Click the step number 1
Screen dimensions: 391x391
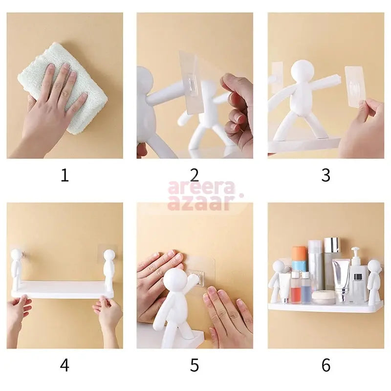[65, 175]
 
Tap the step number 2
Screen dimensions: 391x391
[195, 175]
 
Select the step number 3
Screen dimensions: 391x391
[326, 175]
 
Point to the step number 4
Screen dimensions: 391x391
[65, 365]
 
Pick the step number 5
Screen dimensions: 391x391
[195, 365]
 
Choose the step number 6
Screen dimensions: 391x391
[326, 365]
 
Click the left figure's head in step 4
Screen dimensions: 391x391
[17, 255]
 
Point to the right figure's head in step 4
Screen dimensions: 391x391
[109, 255]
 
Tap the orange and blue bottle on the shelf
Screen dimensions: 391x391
[299, 259]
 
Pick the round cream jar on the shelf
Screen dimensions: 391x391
[323, 297]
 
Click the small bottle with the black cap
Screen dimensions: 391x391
[358, 288]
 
